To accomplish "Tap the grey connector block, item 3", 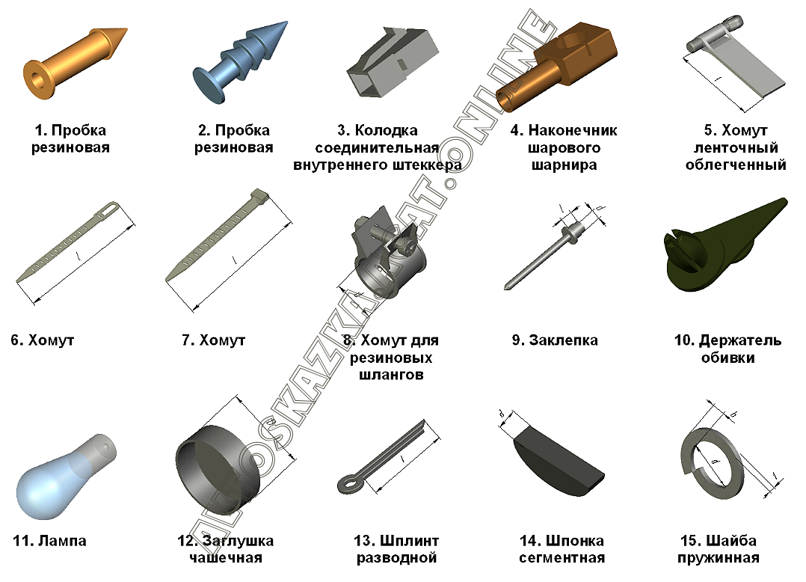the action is point(392,61).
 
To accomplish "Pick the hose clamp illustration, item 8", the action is point(389,252).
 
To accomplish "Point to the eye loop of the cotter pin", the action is point(350,483).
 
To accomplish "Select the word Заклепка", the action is point(564,340).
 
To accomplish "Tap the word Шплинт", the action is point(409,541).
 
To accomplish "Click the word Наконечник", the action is point(573,130).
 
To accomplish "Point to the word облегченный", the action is point(736,165).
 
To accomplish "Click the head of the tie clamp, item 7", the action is point(260,196).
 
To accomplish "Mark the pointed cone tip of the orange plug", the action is point(126,30).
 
